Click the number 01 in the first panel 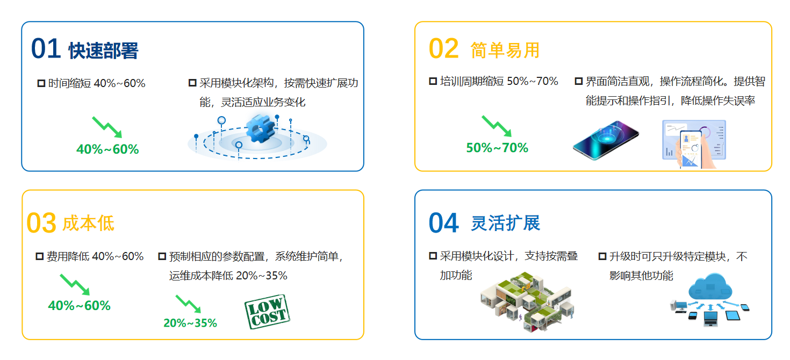pos(46,49)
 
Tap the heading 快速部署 pos(103,51)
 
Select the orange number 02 pos(444,49)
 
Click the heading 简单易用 pos(505,51)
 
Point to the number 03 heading pos(41,223)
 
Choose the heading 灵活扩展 pos(505,223)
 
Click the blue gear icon pos(260,128)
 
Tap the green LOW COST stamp pos(267,312)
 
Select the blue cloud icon pos(710,287)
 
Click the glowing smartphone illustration pos(606,140)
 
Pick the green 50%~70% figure pos(497,148)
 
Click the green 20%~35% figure pos(190,323)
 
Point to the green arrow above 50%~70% pos(497,126)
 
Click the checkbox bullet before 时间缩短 pos(41,83)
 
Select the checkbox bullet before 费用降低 pos(40,256)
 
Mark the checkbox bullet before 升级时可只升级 pos(602,256)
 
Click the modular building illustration pos(527,301)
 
